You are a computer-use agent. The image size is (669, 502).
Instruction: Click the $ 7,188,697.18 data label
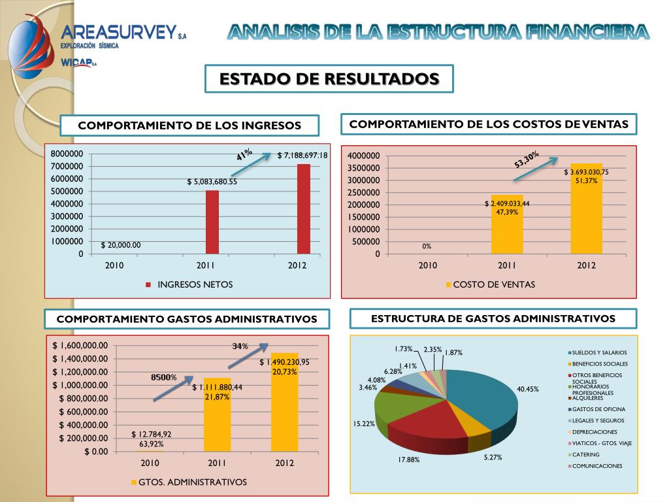click(x=302, y=156)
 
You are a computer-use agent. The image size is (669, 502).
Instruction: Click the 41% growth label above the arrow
click(x=244, y=155)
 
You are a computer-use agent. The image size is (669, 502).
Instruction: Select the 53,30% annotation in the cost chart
click(x=527, y=159)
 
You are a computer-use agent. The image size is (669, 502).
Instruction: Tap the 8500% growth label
click(x=164, y=377)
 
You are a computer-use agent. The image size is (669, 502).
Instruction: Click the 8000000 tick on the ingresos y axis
click(x=67, y=154)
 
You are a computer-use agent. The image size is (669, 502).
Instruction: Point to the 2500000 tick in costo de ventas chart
click(x=364, y=193)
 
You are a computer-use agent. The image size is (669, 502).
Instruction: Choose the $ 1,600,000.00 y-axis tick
click(x=80, y=346)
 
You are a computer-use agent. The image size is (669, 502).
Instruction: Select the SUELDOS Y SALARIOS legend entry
click(x=599, y=352)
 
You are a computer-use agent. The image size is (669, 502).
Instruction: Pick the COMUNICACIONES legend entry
click(x=597, y=466)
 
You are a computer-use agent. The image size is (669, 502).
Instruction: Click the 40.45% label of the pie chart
click(x=528, y=389)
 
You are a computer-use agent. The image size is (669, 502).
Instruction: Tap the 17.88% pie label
click(x=409, y=460)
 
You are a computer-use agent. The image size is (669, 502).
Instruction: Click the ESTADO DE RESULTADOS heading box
click(x=329, y=79)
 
